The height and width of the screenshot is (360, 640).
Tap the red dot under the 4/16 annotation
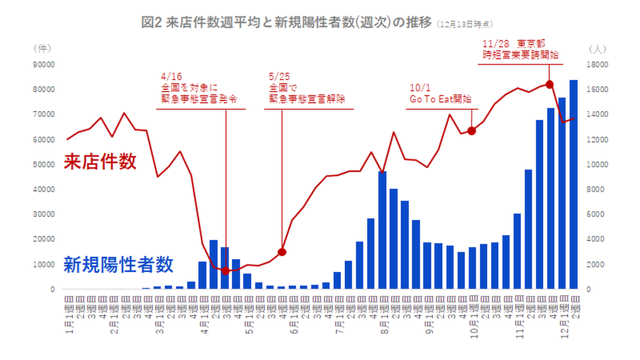[226, 271]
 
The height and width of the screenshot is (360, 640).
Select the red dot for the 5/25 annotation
[282, 252]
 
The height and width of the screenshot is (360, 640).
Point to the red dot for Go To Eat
[472, 131]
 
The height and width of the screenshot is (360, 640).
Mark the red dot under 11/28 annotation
[549, 84]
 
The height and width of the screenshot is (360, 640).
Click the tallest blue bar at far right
[573, 184]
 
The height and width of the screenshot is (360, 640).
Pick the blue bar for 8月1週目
[383, 230]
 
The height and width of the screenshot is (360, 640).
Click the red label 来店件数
[100, 162]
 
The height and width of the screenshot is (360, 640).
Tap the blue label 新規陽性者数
[118, 265]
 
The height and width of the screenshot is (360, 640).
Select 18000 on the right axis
[596, 64]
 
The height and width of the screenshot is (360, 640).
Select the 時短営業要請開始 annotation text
[520, 55]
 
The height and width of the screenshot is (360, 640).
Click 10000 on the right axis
[596, 164]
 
